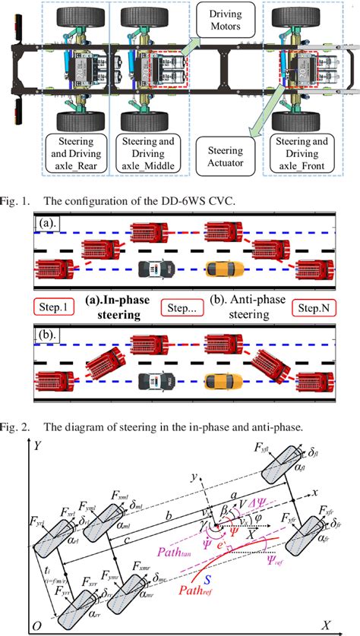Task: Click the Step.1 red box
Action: coord(53,309)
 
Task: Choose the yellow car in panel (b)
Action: coord(223,380)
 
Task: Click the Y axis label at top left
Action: coord(36,447)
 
